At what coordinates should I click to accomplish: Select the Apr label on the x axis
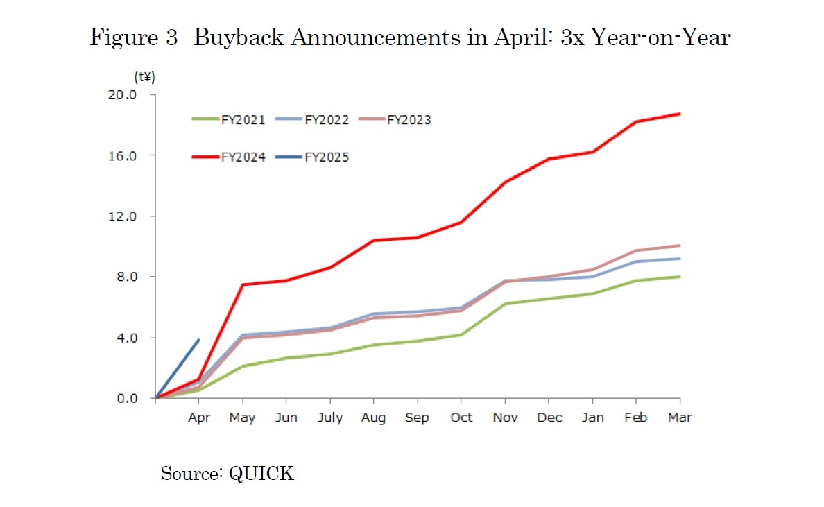[x=199, y=418]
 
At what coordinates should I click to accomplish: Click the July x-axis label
[x=329, y=418]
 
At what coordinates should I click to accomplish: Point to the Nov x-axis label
[x=505, y=418]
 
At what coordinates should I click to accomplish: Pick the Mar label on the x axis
[x=680, y=418]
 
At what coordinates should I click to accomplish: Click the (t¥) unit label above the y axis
[x=144, y=78]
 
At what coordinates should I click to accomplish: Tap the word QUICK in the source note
[x=261, y=474]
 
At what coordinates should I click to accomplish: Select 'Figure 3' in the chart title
[x=134, y=37]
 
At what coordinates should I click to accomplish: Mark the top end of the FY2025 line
[x=199, y=340]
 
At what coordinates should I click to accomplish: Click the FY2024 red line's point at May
[x=243, y=284]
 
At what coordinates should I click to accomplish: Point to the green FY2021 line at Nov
[x=505, y=304]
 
